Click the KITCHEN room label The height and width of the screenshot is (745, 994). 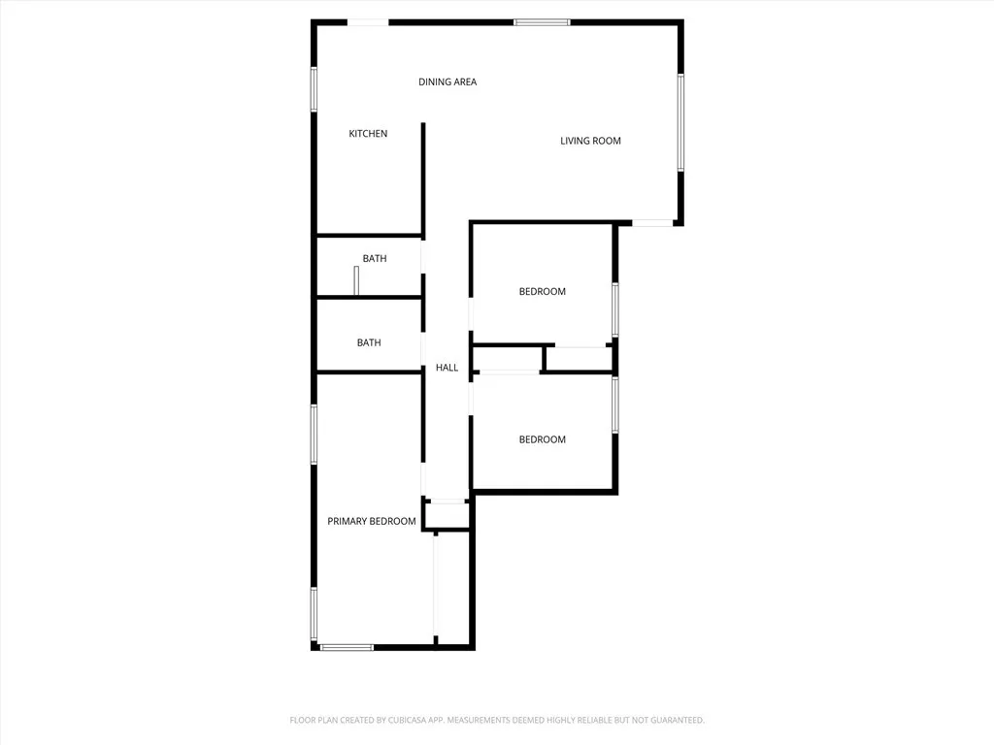368,134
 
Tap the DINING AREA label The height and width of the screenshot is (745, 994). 447,82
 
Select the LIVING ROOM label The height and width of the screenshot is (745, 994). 590,142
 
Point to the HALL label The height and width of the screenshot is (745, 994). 447,368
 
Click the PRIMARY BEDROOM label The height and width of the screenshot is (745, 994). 371,522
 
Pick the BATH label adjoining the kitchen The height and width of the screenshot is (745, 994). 374,259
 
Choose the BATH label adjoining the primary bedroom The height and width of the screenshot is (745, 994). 369,343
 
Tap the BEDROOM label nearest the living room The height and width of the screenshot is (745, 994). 542,292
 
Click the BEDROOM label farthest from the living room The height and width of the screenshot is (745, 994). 542,440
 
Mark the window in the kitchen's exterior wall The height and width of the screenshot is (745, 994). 314,89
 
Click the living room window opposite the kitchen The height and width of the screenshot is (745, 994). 681,123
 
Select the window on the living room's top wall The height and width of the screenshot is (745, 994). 542,21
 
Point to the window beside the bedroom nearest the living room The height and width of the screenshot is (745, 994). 614,309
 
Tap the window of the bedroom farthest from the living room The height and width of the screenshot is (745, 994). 614,405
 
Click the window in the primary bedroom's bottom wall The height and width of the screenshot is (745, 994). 347,647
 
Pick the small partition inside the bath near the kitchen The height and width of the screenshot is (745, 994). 356,279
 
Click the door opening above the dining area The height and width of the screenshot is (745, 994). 368,21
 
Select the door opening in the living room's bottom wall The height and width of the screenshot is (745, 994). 652,224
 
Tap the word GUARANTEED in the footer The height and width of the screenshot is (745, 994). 673,720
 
